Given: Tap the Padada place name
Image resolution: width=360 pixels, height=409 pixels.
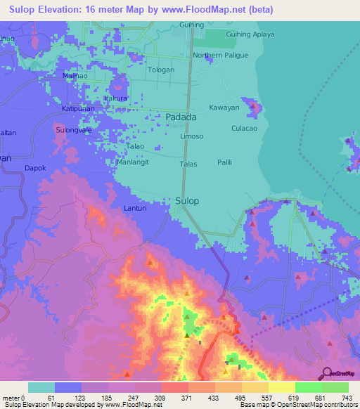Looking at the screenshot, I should click(181, 117).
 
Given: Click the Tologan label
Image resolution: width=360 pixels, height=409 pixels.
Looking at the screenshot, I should click(160, 70).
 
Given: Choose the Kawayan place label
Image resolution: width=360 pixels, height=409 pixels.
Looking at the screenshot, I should click(224, 108).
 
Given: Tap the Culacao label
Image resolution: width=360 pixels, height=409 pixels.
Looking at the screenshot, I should click(245, 129).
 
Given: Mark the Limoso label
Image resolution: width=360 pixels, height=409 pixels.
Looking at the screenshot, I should click(192, 136).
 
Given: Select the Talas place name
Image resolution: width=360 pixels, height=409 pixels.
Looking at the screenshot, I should click(188, 164).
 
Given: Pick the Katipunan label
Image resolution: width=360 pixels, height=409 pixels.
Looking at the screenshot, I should click(77, 109).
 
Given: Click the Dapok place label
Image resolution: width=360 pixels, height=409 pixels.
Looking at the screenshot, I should click(35, 169).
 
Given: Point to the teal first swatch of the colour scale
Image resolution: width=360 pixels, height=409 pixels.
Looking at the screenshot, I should click(41, 387).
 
